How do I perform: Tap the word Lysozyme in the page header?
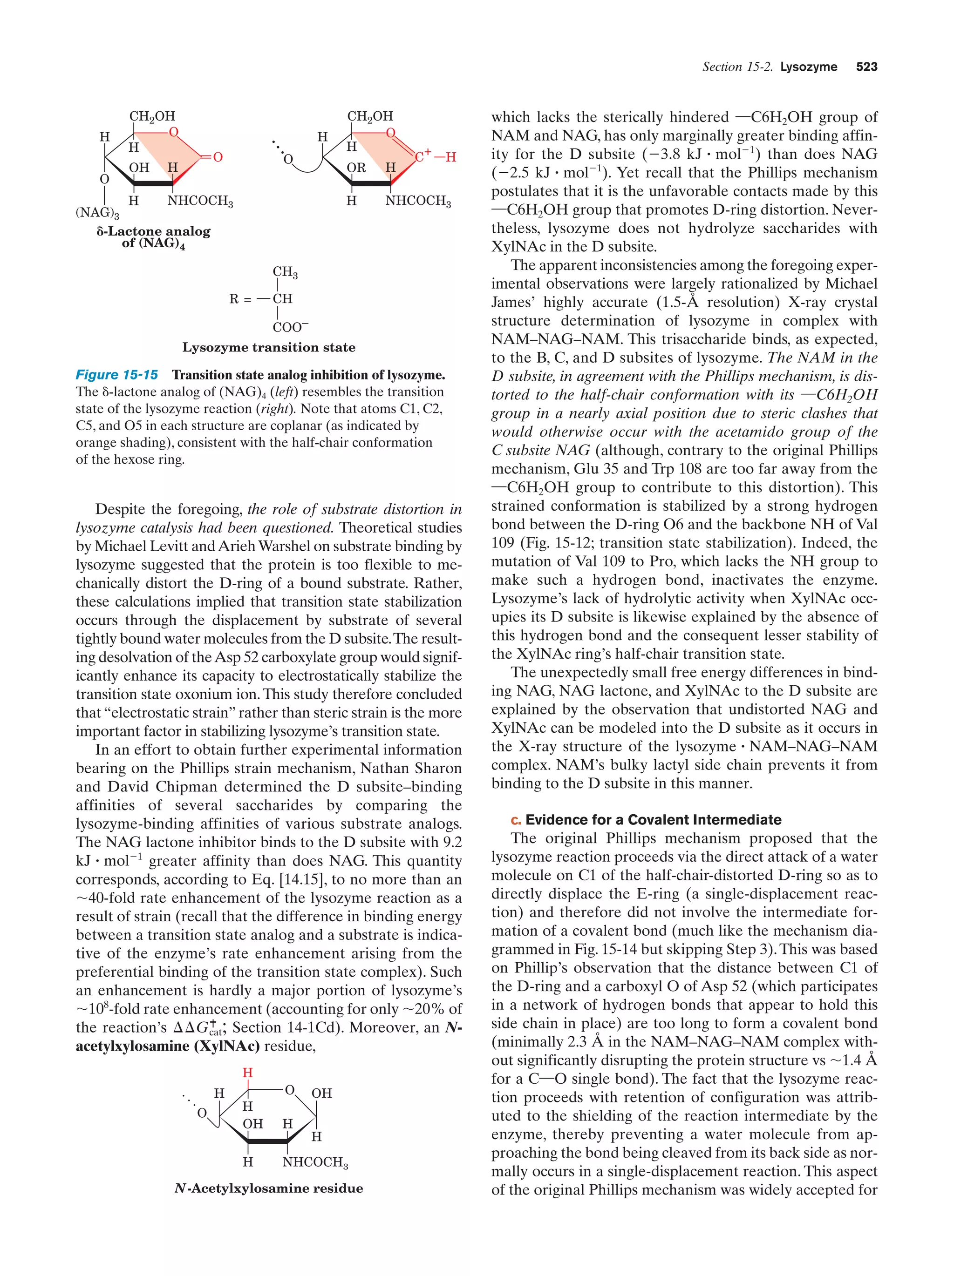tap(808, 67)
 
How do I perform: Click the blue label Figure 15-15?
tap(116, 375)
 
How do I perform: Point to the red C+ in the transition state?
tap(423, 156)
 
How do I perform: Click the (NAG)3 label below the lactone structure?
tap(97, 212)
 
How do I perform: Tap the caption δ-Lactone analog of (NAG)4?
tap(154, 237)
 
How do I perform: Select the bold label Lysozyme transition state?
tap(268, 347)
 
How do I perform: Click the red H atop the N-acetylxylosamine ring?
tap(248, 1073)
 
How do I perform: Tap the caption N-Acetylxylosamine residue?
tap(268, 1188)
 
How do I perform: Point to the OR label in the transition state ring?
tap(356, 168)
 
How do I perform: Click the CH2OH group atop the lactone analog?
tap(152, 116)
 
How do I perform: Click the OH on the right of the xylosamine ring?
tap(321, 1093)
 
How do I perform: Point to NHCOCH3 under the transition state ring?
tap(418, 201)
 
